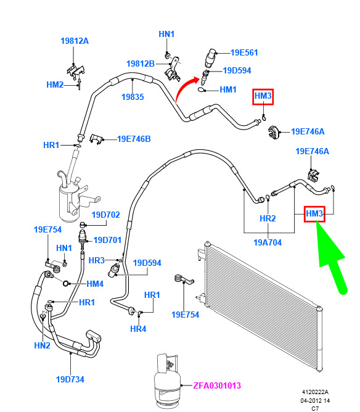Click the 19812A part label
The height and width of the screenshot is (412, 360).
(x=75, y=41)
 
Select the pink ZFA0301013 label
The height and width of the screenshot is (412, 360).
(x=217, y=385)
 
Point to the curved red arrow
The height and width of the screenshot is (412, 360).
(x=186, y=88)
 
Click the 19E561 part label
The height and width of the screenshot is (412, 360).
(x=244, y=52)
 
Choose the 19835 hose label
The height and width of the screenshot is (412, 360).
(x=133, y=97)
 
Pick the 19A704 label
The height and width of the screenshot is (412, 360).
(x=268, y=242)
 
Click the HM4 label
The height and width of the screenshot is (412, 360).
(x=95, y=284)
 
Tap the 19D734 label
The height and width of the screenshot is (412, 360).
(x=70, y=379)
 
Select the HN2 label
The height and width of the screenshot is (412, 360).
(x=43, y=345)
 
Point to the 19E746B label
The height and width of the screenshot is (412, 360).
(x=134, y=139)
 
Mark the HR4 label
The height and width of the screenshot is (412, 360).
(x=138, y=329)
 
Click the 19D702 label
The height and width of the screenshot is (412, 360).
(x=105, y=215)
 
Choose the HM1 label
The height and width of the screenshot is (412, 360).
(x=228, y=89)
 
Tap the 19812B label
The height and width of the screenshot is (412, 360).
(x=141, y=64)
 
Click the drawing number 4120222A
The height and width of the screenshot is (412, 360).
(x=315, y=392)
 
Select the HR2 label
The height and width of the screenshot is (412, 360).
(x=268, y=218)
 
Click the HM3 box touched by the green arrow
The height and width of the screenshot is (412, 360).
(x=314, y=214)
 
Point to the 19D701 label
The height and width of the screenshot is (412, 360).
(x=107, y=240)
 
